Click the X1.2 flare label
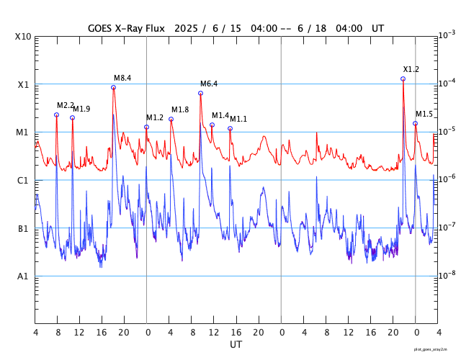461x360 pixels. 411,69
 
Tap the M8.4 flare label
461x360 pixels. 122,78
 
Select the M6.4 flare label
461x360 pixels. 209,84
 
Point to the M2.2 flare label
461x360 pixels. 65,105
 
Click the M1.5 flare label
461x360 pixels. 424,114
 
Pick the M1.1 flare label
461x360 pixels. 238,119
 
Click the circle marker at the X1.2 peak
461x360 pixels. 403,78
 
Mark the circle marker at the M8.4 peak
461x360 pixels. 113,87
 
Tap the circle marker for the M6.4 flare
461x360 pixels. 200,93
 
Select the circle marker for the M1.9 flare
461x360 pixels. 72,117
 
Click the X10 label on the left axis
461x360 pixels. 22,37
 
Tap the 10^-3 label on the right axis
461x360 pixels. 447,35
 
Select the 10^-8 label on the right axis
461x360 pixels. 447,274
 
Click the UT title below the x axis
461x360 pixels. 236,345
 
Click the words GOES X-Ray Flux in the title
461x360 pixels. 126,28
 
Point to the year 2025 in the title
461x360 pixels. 184,28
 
